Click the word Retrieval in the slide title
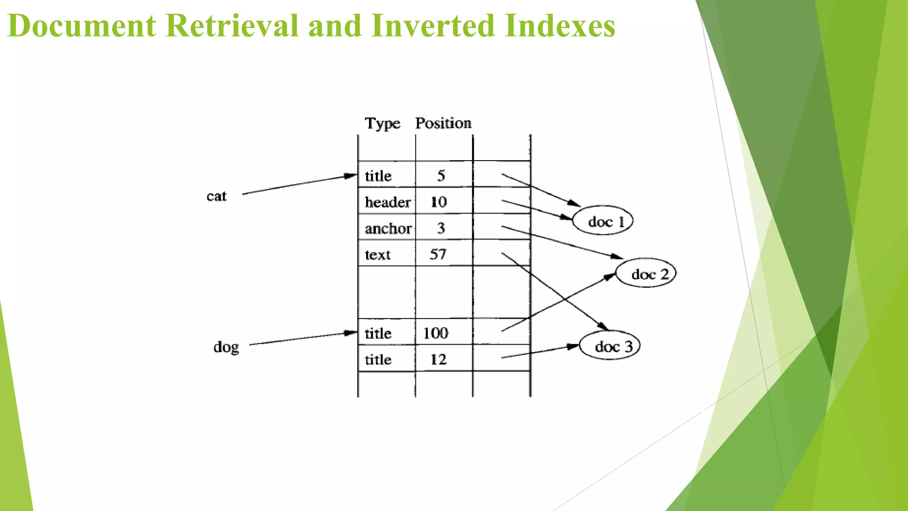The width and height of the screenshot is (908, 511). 232,26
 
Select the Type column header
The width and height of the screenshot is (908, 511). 382,123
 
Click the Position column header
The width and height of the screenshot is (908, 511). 443,123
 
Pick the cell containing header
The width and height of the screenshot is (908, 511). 387,202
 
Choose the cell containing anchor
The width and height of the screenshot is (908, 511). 387,228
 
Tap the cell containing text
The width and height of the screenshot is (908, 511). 378,255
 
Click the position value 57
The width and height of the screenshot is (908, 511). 438,254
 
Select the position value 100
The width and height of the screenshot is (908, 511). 435,333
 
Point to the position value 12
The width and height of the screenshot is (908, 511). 438,359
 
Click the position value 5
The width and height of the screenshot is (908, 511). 441,176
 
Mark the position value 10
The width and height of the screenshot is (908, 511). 438,202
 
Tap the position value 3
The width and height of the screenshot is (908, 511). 441,228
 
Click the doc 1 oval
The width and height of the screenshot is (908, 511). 603,220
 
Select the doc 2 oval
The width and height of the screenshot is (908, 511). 646,273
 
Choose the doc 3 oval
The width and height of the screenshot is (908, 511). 610,346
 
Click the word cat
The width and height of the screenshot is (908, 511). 216,196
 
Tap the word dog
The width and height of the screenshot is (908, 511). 226,347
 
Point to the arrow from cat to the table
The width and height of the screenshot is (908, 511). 300,184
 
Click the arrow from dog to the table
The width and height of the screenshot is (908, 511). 303,338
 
